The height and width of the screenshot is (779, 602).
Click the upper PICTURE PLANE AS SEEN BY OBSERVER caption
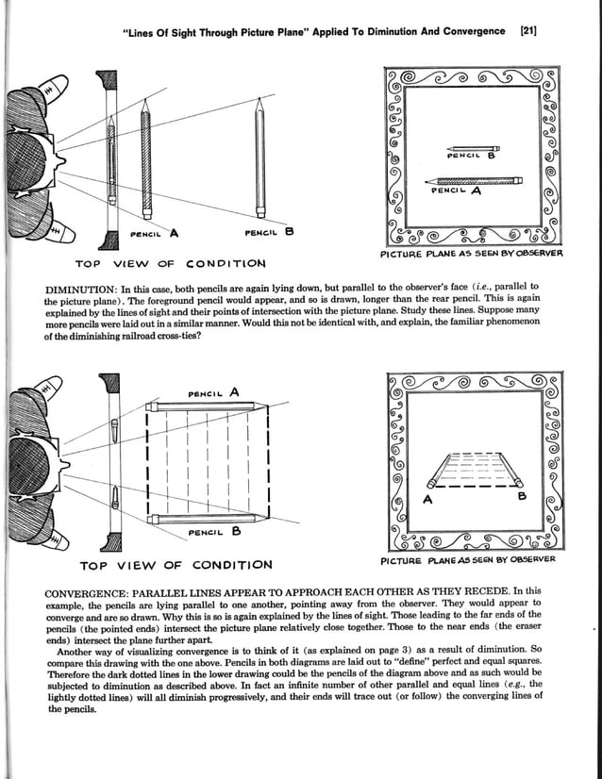471,253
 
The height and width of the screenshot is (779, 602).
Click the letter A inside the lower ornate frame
426,501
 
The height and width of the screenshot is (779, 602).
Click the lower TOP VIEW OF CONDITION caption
176,566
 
